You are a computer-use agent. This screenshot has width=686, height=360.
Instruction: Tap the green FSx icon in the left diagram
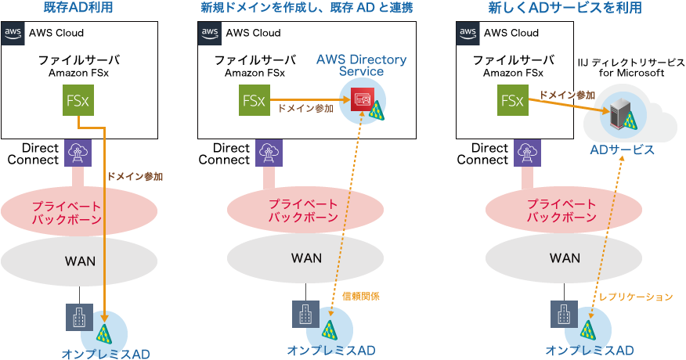(77, 100)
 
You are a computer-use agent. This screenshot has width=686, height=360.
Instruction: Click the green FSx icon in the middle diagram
(254, 100)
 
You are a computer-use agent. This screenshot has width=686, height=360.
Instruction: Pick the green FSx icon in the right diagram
(512, 100)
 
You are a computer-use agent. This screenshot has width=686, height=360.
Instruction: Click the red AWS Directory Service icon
(362, 99)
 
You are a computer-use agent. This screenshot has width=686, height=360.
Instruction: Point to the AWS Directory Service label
(361, 66)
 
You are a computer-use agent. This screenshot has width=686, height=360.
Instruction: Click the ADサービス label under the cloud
(623, 149)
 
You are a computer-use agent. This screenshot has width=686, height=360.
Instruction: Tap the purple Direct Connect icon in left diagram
(77, 153)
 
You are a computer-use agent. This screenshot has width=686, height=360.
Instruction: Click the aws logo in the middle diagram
(210, 34)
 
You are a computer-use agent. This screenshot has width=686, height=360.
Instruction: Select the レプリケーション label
(635, 297)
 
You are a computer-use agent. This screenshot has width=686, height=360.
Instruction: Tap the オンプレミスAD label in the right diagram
(590, 351)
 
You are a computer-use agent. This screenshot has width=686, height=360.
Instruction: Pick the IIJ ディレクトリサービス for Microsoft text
(631, 67)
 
